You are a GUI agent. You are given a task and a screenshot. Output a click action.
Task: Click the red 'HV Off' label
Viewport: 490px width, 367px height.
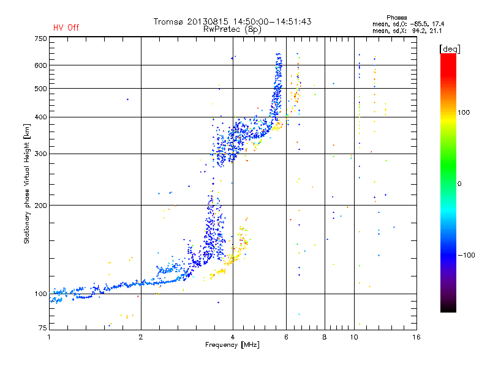click(x=66, y=28)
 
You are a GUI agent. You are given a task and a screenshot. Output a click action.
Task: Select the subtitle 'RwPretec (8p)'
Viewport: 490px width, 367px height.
click(x=232, y=29)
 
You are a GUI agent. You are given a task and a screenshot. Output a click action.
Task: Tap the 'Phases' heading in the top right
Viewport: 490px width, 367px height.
click(x=396, y=18)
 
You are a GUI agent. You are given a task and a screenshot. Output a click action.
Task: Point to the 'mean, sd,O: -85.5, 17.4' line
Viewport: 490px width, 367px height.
click(x=408, y=24)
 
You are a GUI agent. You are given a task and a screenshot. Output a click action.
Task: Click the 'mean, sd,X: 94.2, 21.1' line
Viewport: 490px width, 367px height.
click(x=407, y=31)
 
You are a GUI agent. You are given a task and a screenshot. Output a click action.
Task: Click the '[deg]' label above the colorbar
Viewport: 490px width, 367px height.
click(x=450, y=49)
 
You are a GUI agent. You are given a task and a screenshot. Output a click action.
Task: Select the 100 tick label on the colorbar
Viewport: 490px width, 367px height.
click(x=464, y=113)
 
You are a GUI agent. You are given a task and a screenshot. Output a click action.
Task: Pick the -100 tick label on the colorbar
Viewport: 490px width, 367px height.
click(x=467, y=255)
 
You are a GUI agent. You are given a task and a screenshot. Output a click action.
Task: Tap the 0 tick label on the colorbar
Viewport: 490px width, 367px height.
click(x=459, y=183)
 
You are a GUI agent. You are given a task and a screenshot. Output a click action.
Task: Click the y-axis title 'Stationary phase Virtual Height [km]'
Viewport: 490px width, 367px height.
click(x=26, y=183)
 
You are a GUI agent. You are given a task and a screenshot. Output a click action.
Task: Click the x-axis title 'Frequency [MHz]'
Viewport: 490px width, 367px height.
click(x=232, y=345)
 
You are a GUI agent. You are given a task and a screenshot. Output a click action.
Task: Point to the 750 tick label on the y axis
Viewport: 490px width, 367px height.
click(x=40, y=39)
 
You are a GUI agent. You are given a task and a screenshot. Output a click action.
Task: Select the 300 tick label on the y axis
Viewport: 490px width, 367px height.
click(x=40, y=154)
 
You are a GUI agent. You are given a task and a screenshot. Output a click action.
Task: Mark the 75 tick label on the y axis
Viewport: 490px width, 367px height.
click(x=43, y=328)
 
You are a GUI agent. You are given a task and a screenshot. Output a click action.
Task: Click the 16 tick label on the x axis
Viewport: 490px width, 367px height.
click(x=417, y=337)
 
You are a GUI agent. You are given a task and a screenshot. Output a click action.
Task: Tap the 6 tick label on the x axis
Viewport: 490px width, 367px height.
click(x=286, y=337)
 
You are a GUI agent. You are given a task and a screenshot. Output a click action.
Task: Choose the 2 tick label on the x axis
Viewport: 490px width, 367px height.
click(x=141, y=337)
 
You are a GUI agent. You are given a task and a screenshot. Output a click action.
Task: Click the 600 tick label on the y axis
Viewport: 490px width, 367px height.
click(x=40, y=65)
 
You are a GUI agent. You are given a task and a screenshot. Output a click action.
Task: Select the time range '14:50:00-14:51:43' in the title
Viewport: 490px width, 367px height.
click(x=272, y=21)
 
